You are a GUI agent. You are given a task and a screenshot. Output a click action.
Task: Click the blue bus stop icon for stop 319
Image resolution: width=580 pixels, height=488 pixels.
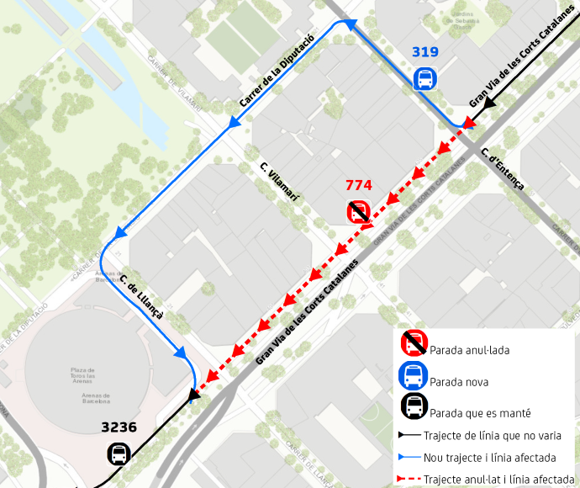(x=425, y=79)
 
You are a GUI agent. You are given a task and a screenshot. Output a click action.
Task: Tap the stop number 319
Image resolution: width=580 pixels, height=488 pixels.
(x=425, y=52)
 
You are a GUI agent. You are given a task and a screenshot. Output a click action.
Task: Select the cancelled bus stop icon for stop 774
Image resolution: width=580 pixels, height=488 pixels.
(x=359, y=211)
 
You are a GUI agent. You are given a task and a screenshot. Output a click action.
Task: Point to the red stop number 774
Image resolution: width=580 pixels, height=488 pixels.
(x=359, y=185)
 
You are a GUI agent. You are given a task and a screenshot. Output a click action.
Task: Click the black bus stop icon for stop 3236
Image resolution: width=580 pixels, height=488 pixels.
(x=119, y=454)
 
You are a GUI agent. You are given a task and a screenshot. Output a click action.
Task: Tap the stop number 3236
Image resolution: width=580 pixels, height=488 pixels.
(x=119, y=427)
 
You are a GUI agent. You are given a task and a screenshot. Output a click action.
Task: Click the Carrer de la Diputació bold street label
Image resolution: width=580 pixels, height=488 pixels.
(x=277, y=71)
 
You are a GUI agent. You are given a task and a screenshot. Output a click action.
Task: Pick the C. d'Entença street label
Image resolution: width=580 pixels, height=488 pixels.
(x=503, y=168)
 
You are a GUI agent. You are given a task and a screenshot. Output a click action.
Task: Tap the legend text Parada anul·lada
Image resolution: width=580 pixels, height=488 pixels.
(x=469, y=350)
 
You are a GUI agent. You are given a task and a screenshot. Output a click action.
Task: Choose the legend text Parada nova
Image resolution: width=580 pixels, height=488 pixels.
(x=458, y=382)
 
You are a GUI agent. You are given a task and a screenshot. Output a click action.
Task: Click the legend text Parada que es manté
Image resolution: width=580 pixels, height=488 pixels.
(x=479, y=413)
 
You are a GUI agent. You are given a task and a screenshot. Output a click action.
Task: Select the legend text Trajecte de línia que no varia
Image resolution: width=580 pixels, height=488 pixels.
(x=494, y=436)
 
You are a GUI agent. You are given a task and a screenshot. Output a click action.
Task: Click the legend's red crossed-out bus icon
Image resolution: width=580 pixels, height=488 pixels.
(x=414, y=342)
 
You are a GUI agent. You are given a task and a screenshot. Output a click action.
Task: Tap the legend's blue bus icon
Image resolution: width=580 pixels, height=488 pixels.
(x=414, y=375)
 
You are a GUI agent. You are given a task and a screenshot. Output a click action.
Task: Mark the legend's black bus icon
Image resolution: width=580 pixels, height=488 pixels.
(x=414, y=407)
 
